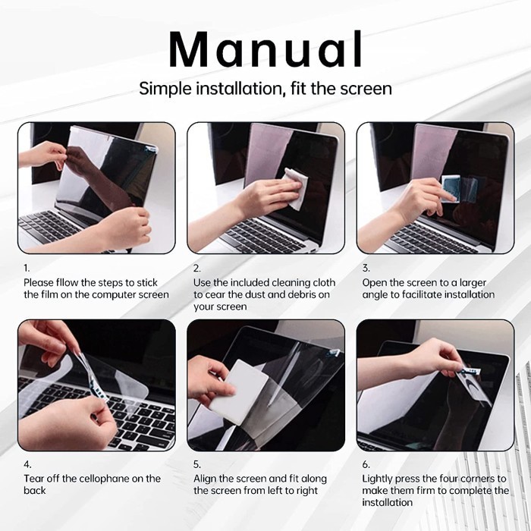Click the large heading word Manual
[265, 50]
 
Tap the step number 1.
[27, 269]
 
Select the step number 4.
[27, 464]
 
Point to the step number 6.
[366, 464]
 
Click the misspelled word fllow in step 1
[67, 283]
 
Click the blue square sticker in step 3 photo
[451, 188]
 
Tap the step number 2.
[196, 269]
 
